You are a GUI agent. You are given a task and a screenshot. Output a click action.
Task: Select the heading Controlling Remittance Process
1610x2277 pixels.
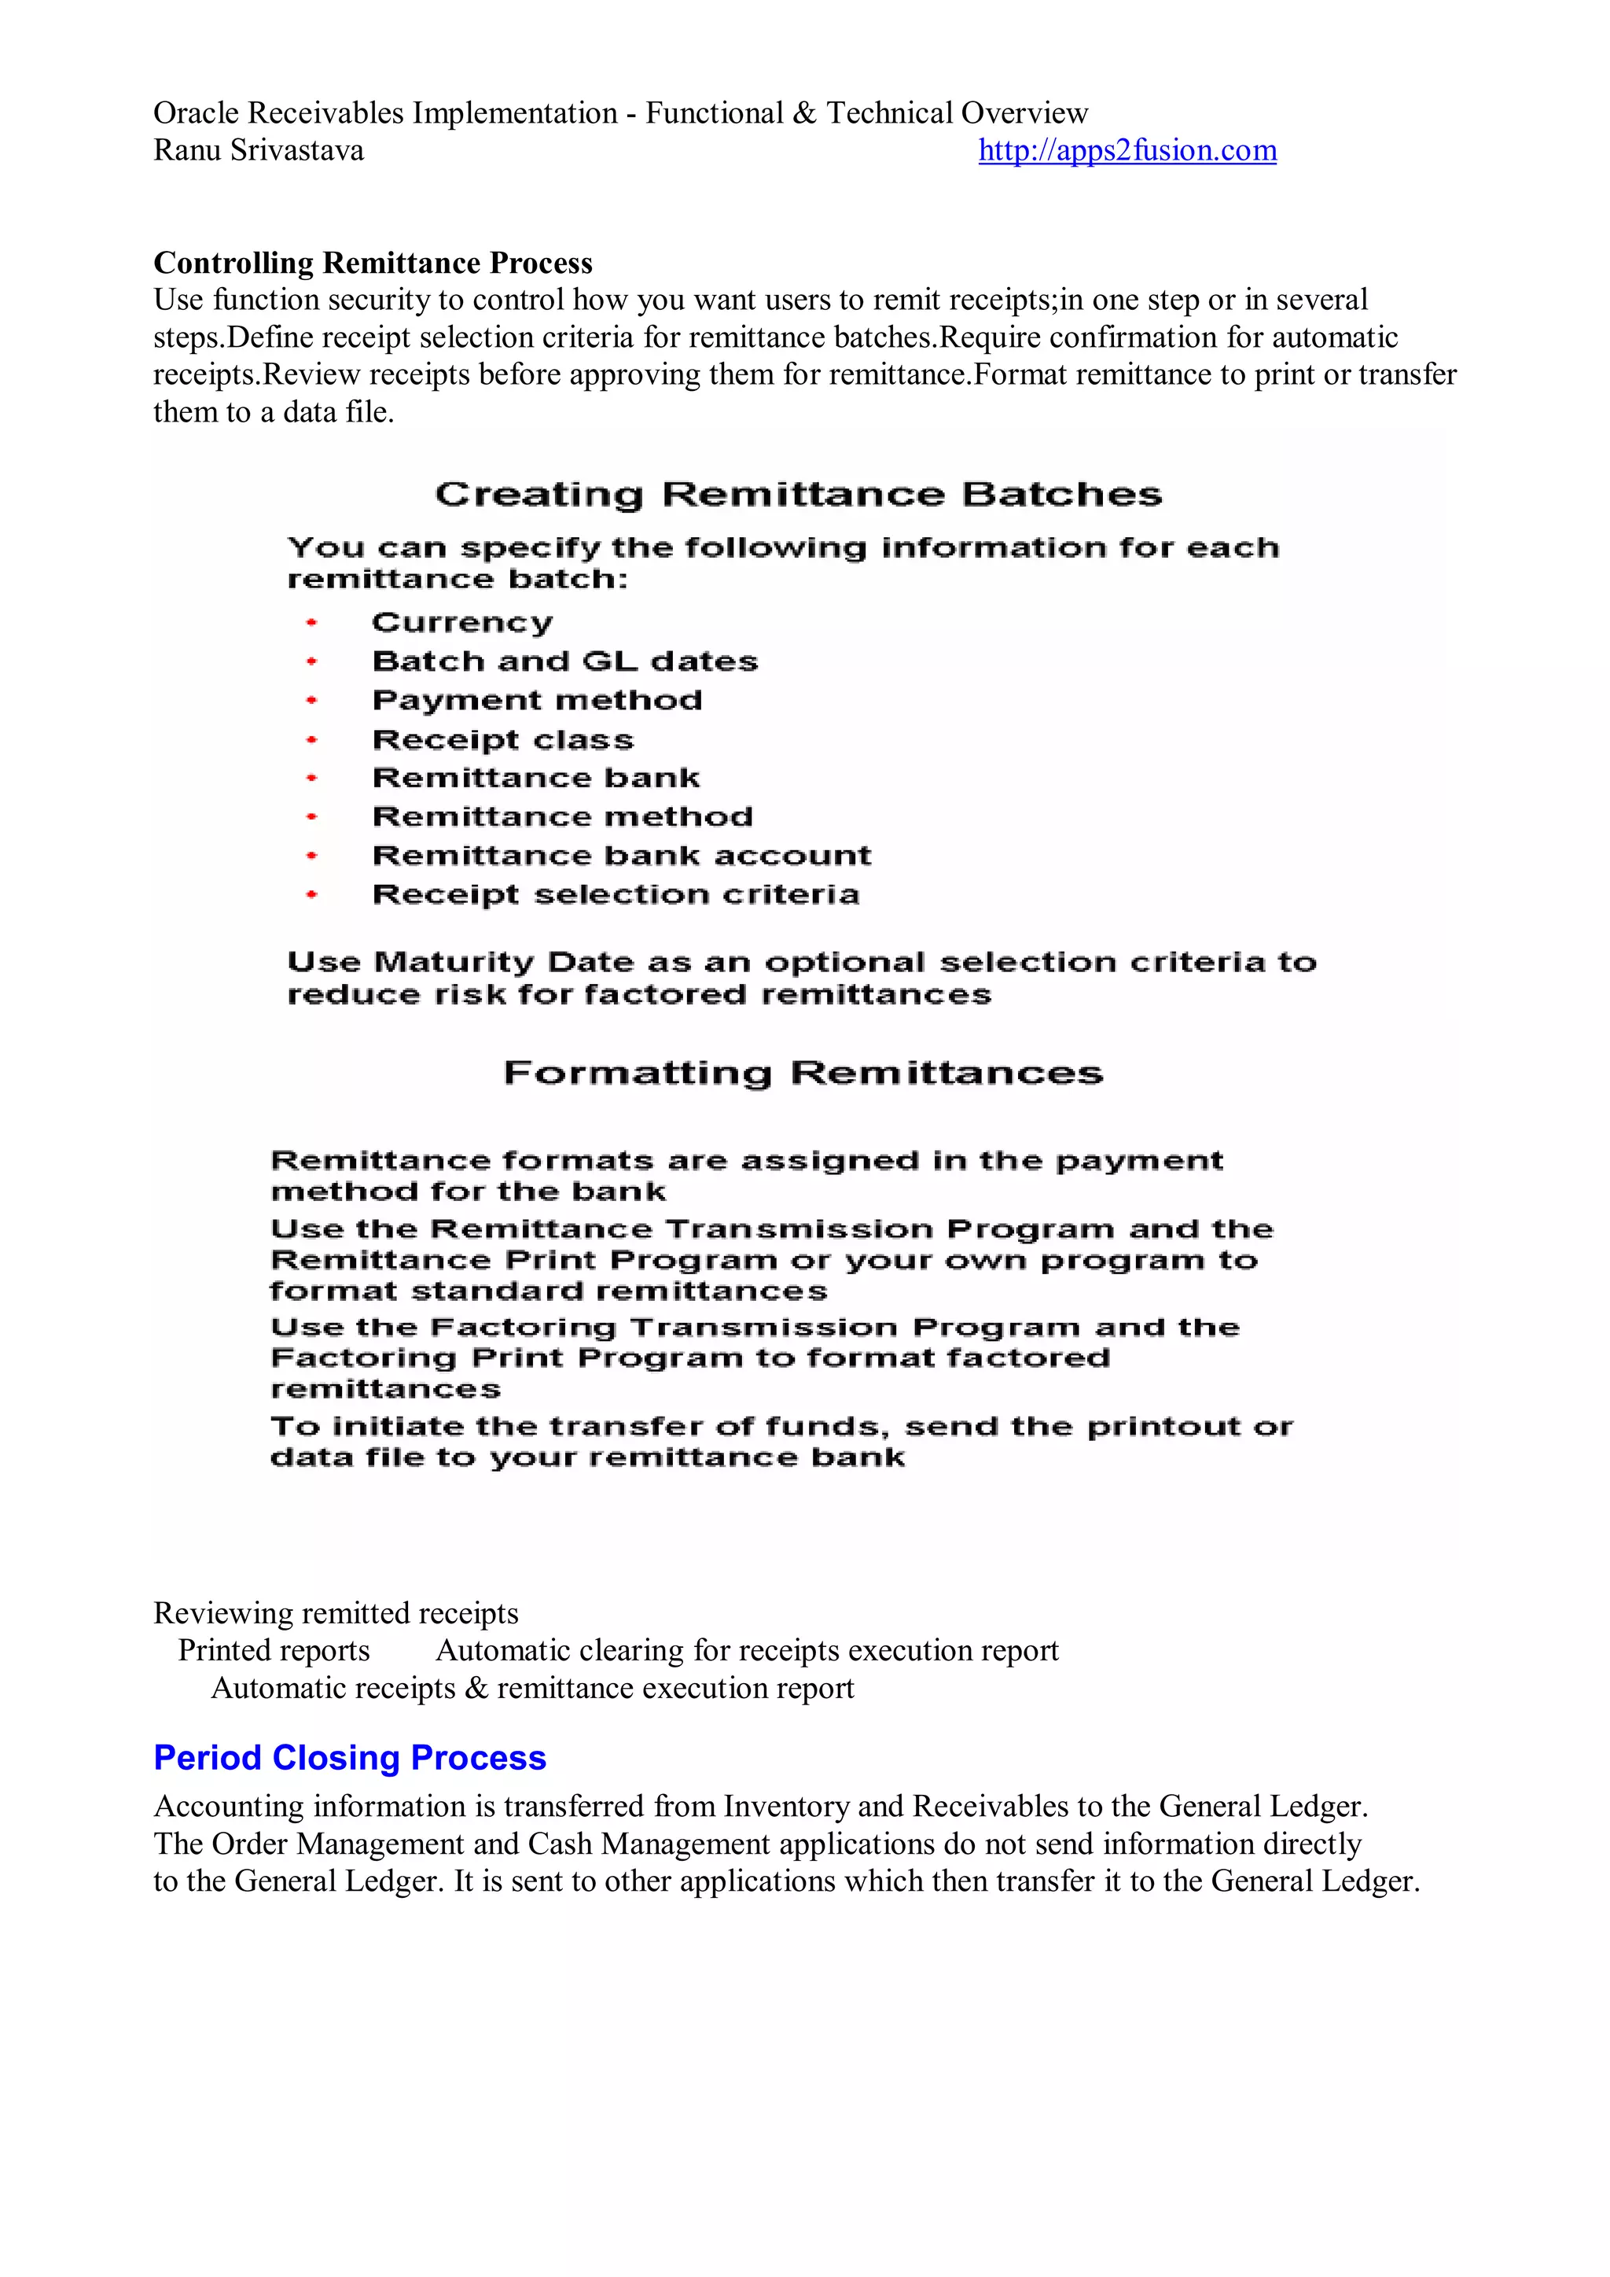pos(373,263)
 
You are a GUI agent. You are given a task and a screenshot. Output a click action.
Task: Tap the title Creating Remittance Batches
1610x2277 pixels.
pos(798,494)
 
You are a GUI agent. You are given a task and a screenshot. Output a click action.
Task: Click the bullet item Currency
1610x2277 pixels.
pos(462,623)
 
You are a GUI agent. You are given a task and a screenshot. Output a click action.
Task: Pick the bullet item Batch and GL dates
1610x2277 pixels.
pos(565,661)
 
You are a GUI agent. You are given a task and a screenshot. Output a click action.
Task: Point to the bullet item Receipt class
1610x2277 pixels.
pos(502,740)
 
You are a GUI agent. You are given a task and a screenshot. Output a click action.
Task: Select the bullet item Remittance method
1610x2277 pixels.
pos(562,816)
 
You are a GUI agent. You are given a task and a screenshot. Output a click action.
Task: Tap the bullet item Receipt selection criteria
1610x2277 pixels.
pos(616,894)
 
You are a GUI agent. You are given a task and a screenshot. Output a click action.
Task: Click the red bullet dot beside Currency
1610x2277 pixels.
pos(311,623)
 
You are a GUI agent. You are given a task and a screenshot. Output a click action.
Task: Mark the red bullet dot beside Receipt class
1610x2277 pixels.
pos(311,740)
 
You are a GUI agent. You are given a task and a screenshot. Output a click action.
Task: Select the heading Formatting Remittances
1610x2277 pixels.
pos(803,1073)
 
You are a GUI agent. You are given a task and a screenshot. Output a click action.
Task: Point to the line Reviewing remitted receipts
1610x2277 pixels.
pos(336,1612)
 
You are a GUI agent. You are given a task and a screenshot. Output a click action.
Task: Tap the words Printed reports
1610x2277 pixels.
pos(274,1650)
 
